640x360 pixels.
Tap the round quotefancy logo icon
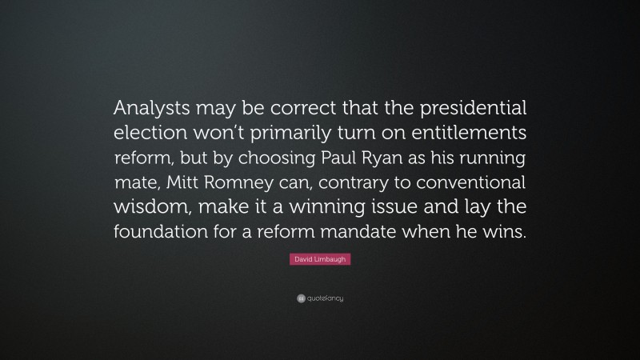[x=300, y=299]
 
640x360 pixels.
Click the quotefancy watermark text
[x=325, y=299]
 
